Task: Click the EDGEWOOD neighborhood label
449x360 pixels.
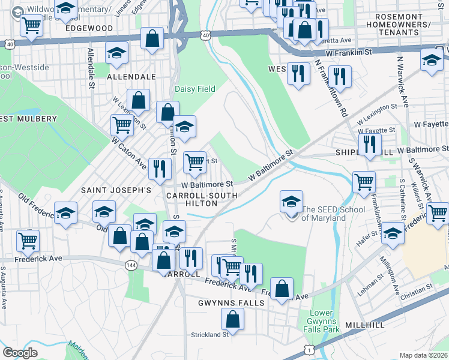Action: click(89, 28)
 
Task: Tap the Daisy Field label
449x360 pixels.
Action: click(195, 89)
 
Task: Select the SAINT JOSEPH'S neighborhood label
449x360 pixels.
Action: click(115, 190)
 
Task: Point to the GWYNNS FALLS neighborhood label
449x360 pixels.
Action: click(231, 303)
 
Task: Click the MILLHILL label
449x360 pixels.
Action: click(367, 325)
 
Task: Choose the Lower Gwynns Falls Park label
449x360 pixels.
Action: click(325, 322)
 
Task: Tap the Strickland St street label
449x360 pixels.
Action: click(210, 335)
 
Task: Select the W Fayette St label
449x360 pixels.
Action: click(376, 130)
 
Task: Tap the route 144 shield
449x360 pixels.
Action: click(130, 264)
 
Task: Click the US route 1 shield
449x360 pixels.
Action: click(309, 349)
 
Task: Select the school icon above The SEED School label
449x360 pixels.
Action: click(292, 201)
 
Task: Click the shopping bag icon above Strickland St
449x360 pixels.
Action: click(233, 319)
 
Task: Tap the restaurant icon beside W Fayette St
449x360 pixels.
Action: click(370, 144)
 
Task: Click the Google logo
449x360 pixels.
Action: click(20, 352)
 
